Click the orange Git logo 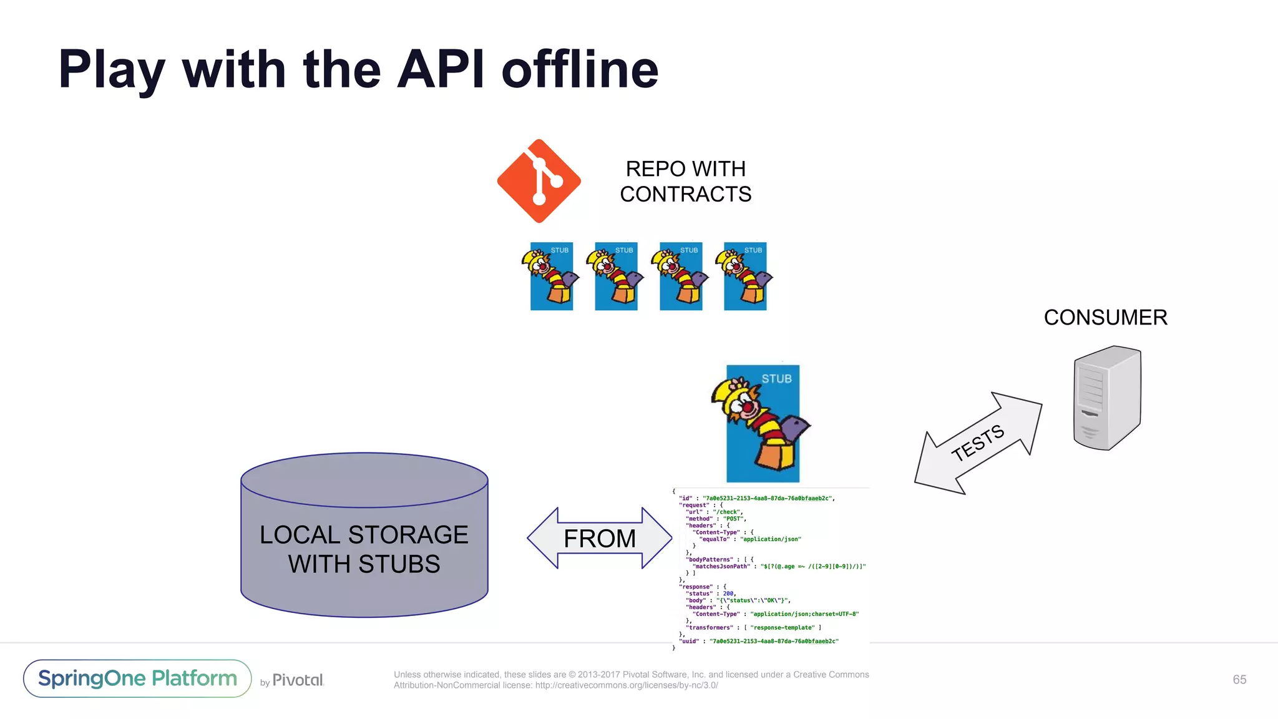click(x=539, y=181)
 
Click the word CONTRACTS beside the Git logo click(x=685, y=194)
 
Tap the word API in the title click(x=440, y=69)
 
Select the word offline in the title click(x=580, y=69)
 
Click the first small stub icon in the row click(x=550, y=276)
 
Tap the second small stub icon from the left click(x=615, y=276)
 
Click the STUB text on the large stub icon click(x=776, y=379)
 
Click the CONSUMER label click(x=1105, y=317)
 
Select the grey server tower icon click(x=1107, y=398)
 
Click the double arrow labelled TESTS click(x=978, y=443)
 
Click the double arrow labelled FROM click(x=599, y=538)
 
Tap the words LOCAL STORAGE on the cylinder click(x=364, y=535)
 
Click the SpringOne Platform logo click(x=137, y=678)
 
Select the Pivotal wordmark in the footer click(x=298, y=680)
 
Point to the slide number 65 click(x=1239, y=680)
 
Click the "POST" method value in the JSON click(x=733, y=519)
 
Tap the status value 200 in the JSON click(x=728, y=594)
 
